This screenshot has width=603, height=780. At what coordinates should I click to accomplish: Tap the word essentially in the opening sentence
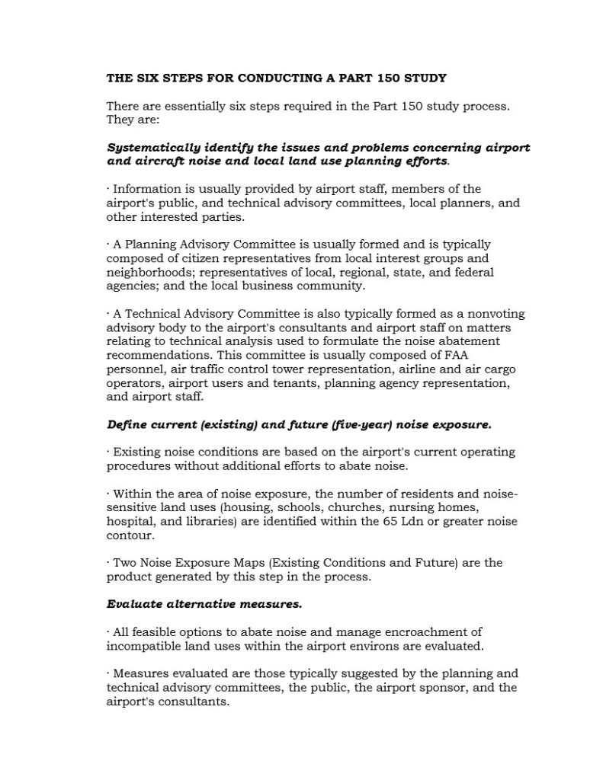pos(191,107)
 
